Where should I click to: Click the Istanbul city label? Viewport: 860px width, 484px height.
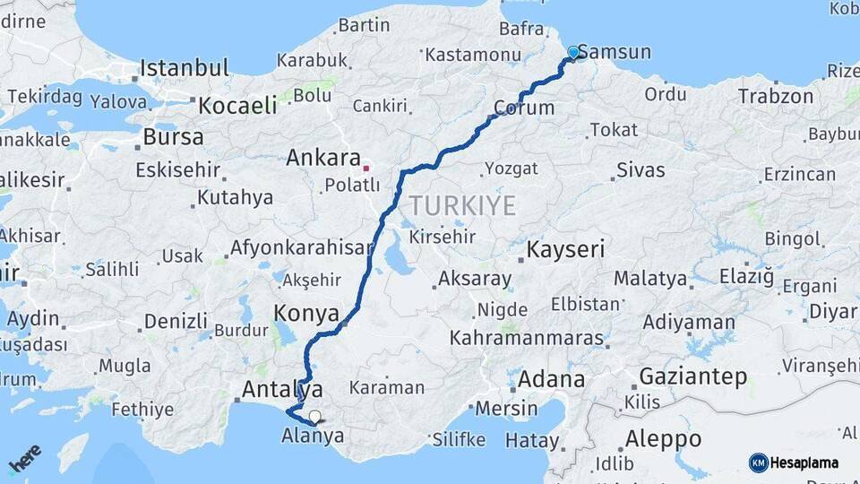(x=185, y=68)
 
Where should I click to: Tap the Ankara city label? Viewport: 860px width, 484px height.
(x=322, y=159)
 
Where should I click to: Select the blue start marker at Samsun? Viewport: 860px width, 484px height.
(x=573, y=53)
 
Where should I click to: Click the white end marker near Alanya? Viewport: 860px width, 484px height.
(x=314, y=416)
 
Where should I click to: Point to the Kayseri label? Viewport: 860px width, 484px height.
(x=565, y=249)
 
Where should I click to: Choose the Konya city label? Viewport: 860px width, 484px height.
(x=306, y=314)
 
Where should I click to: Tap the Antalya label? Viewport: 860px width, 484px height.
(x=282, y=390)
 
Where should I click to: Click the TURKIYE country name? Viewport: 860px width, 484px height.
(x=463, y=206)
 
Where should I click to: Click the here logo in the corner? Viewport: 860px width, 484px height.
(x=25, y=458)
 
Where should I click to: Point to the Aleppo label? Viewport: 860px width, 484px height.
(x=663, y=439)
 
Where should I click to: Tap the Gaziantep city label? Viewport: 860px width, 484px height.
(x=692, y=376)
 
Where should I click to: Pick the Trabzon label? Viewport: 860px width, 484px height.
(x=777, y=96)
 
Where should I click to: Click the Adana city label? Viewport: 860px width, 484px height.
(x=551, y=378)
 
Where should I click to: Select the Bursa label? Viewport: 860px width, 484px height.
(x=173, y=137)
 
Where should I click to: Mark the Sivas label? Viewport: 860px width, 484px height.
(x=641, y=169)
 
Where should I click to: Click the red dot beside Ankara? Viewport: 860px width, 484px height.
(x=365, y=168)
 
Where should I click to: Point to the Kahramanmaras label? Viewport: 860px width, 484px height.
(x=527, y=338)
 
